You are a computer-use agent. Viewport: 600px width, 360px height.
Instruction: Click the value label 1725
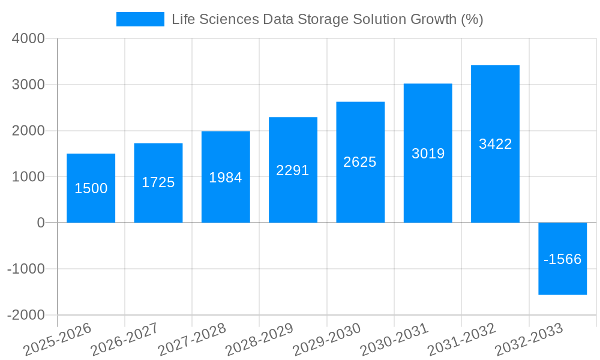click(x=158, y=182)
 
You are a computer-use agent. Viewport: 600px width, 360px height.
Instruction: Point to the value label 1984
click(x=226, y=178)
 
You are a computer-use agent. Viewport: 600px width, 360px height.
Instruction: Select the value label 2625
click(x=360, y=162)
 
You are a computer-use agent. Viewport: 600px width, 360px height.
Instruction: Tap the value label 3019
click(x=428, y=154)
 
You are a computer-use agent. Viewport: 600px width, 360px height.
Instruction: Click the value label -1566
click(x=562, y=259)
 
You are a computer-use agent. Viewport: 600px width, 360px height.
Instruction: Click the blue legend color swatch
click(x=140, y=19)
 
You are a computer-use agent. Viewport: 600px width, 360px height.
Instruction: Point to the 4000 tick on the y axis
click(x=28, y=38)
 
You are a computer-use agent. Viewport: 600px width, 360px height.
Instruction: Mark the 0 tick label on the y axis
click(x=40, y=223)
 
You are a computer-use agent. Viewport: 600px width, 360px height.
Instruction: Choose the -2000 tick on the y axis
click(x=26, y=315)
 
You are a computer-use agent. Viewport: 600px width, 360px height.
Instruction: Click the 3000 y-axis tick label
click(x=28, y=85)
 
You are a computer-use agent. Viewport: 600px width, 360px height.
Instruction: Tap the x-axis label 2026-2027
click(x=125, y=339)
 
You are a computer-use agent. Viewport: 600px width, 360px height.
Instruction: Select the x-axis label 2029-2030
click(x=327, y=339)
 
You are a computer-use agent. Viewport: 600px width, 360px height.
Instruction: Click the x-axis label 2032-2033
click(x=529, y=339)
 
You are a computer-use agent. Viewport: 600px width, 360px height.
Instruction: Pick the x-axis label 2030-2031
click(x=394, y=339)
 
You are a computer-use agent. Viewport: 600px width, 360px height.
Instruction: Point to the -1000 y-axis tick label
click(x=26, y=269)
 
